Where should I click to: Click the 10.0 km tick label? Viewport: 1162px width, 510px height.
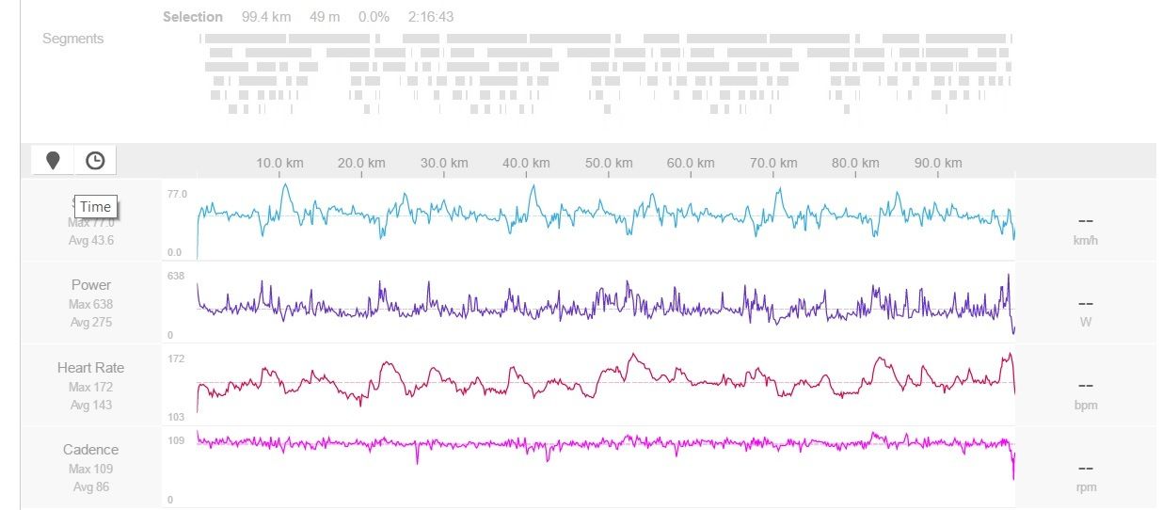point(279,163)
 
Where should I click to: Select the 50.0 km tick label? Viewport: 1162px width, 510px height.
point(609,163)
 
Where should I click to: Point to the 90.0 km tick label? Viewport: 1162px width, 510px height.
point(938,163)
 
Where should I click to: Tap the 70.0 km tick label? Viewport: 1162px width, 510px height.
point(773,163)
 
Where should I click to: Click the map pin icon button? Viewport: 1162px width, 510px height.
point(53,161)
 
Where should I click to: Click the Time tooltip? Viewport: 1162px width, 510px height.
point(95,207)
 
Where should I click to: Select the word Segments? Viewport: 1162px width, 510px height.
point(72,39)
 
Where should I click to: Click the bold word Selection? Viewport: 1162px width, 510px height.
point(193,17)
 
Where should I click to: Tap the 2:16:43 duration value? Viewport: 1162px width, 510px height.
point(431,17)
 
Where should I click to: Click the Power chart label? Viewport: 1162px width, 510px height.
point(91,285)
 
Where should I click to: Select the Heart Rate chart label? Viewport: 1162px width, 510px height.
point(91,368)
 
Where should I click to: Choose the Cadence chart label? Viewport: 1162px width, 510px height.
point(91,450)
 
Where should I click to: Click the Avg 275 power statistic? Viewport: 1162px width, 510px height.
point(91,323)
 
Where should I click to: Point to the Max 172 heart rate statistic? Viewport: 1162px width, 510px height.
point(91,387)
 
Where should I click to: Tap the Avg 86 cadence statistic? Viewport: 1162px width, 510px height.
point(91,487)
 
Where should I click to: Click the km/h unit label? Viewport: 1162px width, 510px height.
point(1085,240)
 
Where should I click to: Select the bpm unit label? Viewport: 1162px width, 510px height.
point(1085,406)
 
